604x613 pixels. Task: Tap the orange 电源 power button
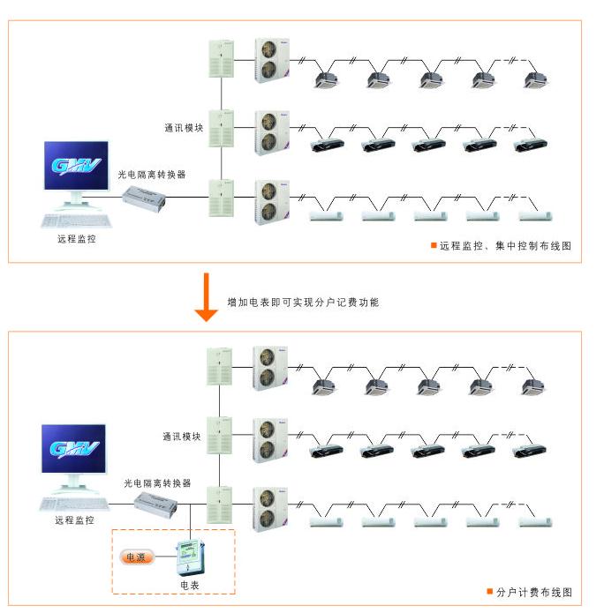pos(137,557)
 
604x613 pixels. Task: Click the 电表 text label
pos(190,585)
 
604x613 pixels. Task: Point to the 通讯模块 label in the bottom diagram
pos(182,437)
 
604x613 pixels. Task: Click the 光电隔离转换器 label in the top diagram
pos(152,175)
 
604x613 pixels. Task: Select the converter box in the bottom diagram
pos(156,505)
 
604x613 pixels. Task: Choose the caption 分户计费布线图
pos(533,591)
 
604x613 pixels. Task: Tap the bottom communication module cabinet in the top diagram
pos(221,198)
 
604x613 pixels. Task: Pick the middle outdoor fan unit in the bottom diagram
pos(269,440)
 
